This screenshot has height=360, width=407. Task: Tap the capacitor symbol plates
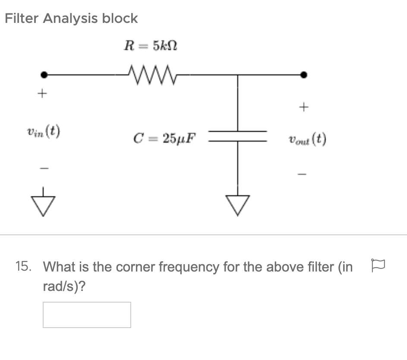(x=237, y=136)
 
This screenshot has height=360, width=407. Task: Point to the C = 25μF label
(x=164, y=139)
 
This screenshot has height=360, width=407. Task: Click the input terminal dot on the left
(x=43, y=75)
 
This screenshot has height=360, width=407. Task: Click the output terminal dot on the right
(x=304, y=75)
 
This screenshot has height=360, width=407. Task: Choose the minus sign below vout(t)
(x=304, y=174)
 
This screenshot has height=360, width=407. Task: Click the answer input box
(x=87, y=315)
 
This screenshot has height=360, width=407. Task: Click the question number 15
(x=23, y=267)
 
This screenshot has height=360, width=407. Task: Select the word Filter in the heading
(x=21, y=19)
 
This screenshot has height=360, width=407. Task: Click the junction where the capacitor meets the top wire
(x=237, y=75)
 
